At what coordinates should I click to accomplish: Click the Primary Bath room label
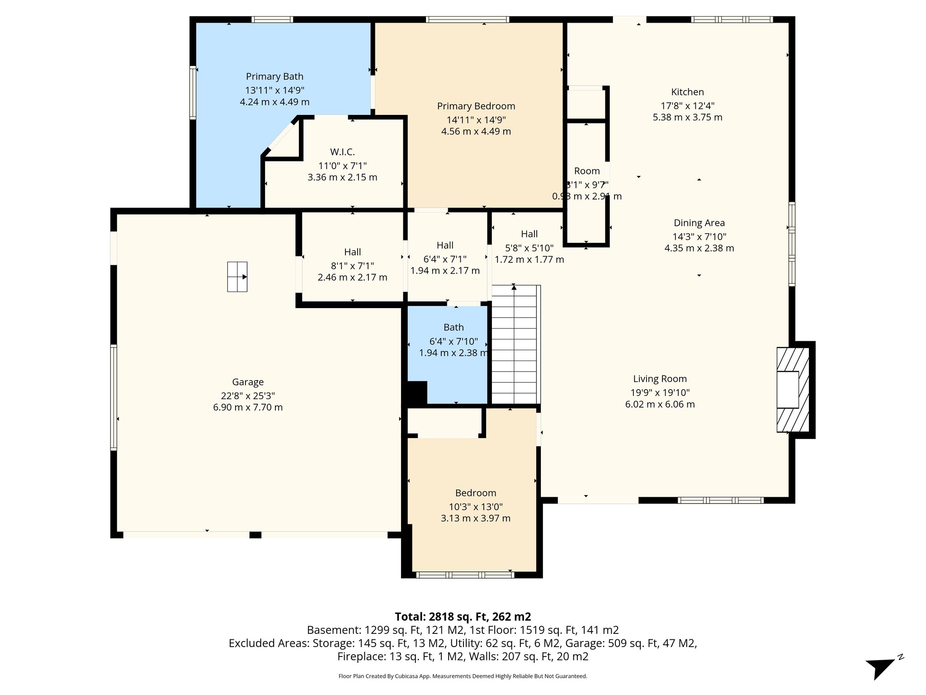coord(274,76)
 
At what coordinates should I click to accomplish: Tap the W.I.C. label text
coord(342,152)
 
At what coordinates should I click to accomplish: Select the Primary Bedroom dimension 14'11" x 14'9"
coord(476,120)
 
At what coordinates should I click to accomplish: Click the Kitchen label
coord(687,92)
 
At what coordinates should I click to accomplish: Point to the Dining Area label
coord(699,223)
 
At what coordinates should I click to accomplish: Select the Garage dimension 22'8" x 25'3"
coord(248,395)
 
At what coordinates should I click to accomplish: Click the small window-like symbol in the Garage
coord(237,276)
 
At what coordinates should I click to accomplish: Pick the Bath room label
coord(454,327)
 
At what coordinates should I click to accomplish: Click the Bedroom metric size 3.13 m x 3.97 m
coord(476,519)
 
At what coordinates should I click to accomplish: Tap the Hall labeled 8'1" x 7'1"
coord(352,252)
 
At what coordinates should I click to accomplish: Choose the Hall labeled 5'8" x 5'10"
coord(529,234)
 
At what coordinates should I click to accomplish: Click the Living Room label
coord(660,379)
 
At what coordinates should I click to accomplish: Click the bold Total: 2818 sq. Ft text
coord(463,617)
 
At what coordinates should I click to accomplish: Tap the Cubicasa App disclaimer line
coord(463,676)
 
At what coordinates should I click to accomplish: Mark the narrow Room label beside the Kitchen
coord(587,171)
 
